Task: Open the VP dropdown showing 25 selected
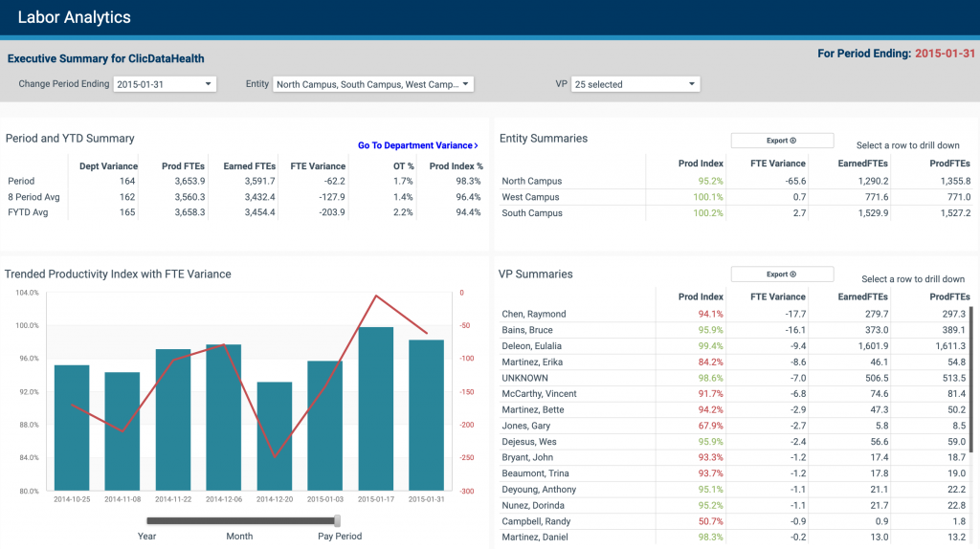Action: click(635, 84)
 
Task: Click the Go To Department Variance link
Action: click(417, 145)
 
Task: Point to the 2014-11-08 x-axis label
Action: click(122, 499)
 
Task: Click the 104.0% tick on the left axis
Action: click(25, 293)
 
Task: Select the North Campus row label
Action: click(531, 181)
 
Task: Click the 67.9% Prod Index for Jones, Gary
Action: click(710, 426)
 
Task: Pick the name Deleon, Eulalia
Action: click(531, 345)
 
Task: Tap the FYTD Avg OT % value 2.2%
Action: click(403, 212)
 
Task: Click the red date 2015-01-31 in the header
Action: click(945, 54)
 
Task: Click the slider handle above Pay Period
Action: click(338, 520)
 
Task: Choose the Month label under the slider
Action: click(239, 537)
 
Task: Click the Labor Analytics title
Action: click(75, 17)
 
